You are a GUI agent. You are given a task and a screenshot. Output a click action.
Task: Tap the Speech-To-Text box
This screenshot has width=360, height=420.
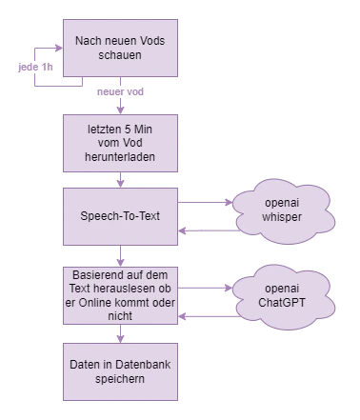pos(120,215)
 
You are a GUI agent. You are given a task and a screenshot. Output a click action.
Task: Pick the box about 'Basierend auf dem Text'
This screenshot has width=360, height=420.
pos(120,294)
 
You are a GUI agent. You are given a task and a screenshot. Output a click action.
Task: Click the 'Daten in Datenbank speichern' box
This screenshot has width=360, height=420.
pos(120,370)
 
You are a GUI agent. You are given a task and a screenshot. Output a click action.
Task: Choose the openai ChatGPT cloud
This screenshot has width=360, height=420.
pos(281,295)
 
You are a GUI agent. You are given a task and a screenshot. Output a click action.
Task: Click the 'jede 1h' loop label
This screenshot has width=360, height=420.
pos(34,69)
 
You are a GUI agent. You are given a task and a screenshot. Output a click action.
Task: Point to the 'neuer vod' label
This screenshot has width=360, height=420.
pos(119,91)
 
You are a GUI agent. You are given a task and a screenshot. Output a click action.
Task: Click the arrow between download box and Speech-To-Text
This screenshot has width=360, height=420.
pos(119,180)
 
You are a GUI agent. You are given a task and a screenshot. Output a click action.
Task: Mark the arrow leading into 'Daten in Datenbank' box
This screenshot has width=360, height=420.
pos(119,334)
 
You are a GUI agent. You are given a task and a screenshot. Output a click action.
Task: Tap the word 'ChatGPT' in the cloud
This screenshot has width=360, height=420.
pos(281,303)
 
